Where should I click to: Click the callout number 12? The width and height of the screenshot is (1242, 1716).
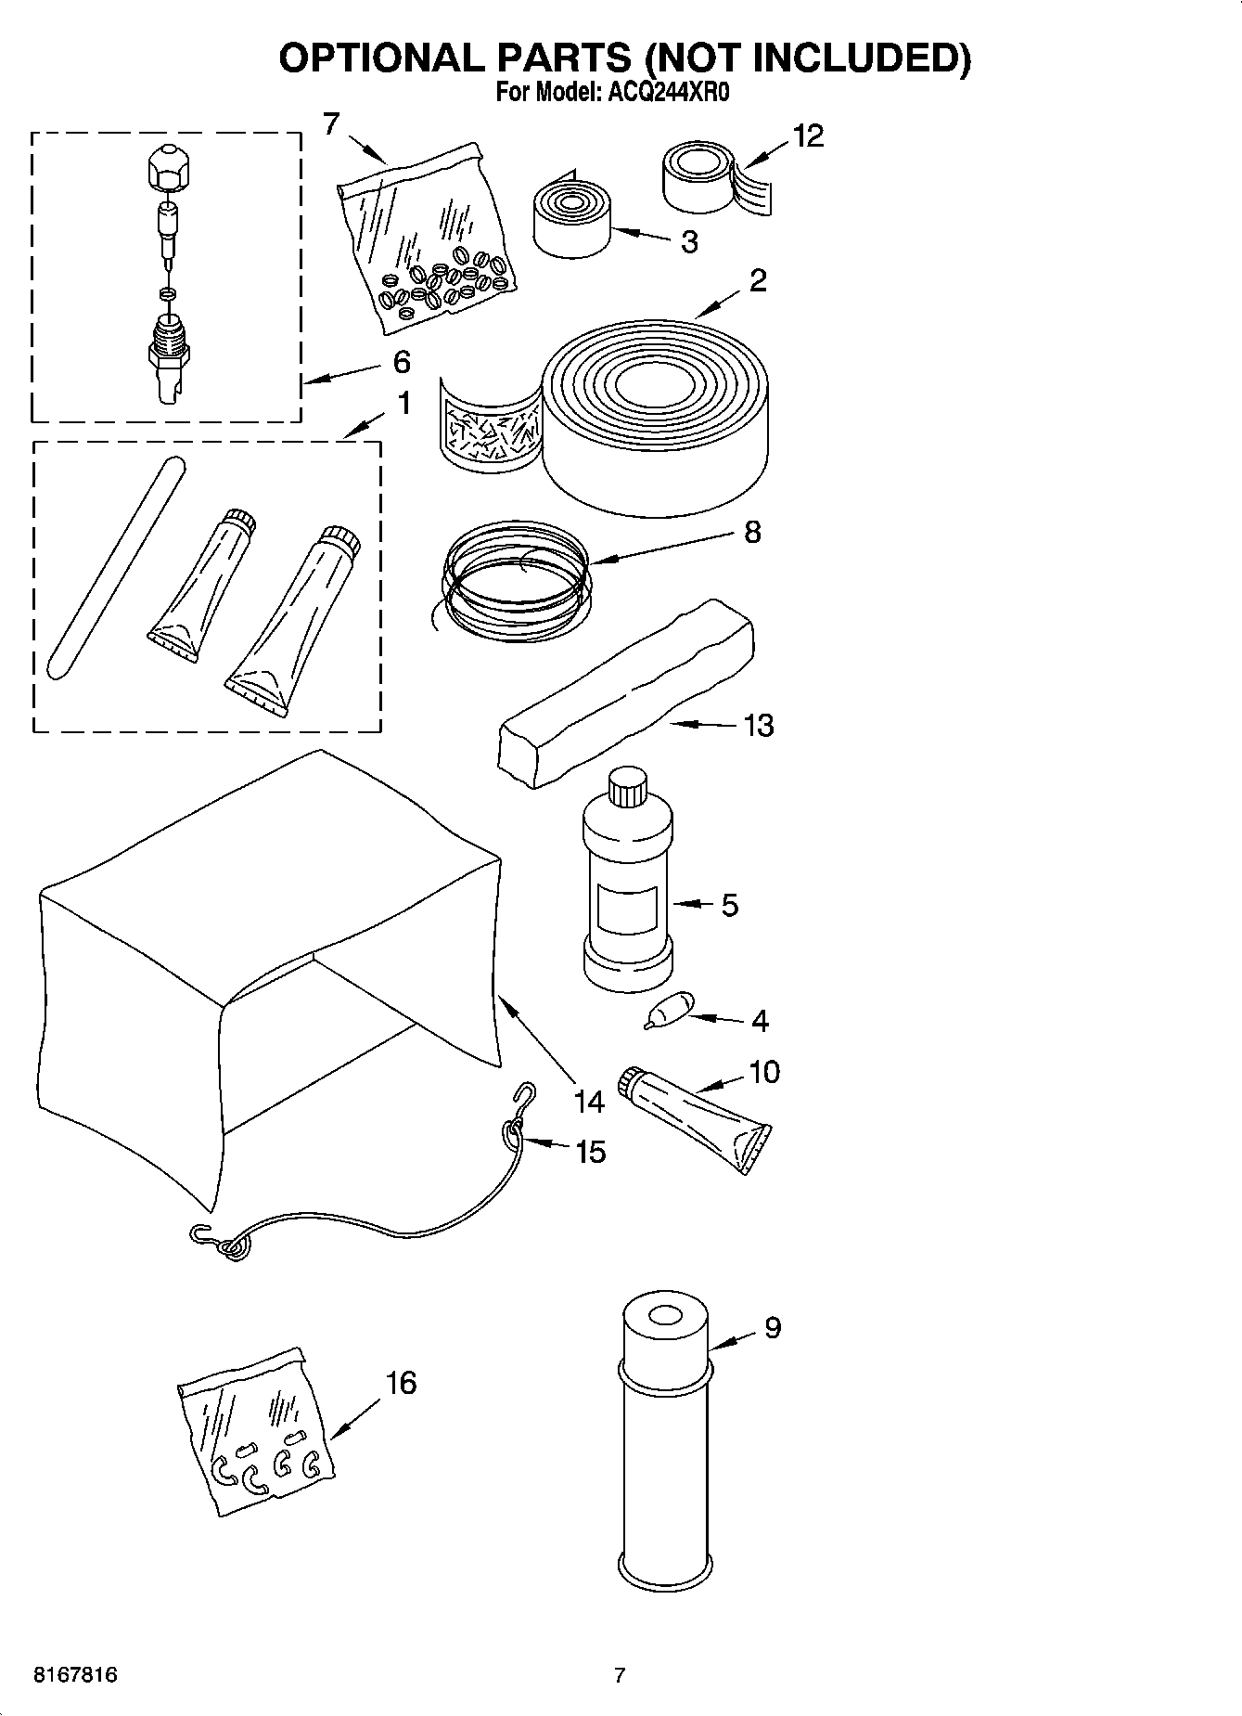click(808, 136)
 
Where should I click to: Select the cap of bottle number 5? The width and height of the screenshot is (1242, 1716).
click(627, 787)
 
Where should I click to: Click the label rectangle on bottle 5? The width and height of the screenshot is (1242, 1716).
click(627, 908)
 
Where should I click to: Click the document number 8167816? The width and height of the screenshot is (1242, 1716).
click(75, 1675)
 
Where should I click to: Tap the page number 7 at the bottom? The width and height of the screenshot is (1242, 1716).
click(620, 1675)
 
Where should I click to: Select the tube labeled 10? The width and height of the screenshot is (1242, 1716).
click(696, 1117)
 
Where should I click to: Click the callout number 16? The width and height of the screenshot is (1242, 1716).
click(401, 1384)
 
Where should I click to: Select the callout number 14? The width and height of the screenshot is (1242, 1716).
click(589, 1103)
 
